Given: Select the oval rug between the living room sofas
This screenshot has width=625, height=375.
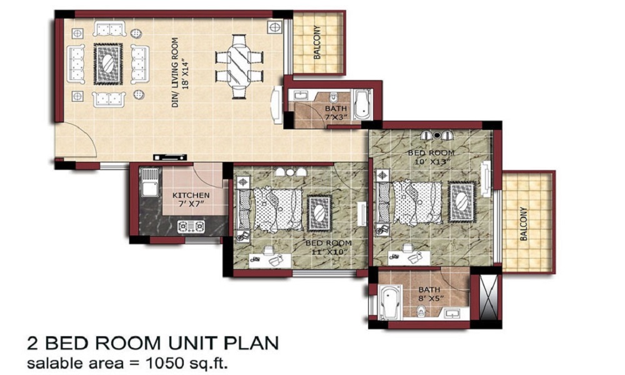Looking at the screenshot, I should pos(107,64).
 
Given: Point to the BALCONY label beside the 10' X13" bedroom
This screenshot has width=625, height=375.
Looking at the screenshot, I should pos(524,224).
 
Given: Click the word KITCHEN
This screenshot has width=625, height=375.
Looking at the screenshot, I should pos(191,196).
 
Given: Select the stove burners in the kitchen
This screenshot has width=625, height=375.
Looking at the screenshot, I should pos(191,226).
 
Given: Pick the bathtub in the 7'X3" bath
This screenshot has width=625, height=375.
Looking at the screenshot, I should pos(362,104).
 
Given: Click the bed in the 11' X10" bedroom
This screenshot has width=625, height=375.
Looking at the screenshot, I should pos(278,208).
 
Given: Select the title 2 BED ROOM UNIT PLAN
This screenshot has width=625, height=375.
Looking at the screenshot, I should pos(152,344).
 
